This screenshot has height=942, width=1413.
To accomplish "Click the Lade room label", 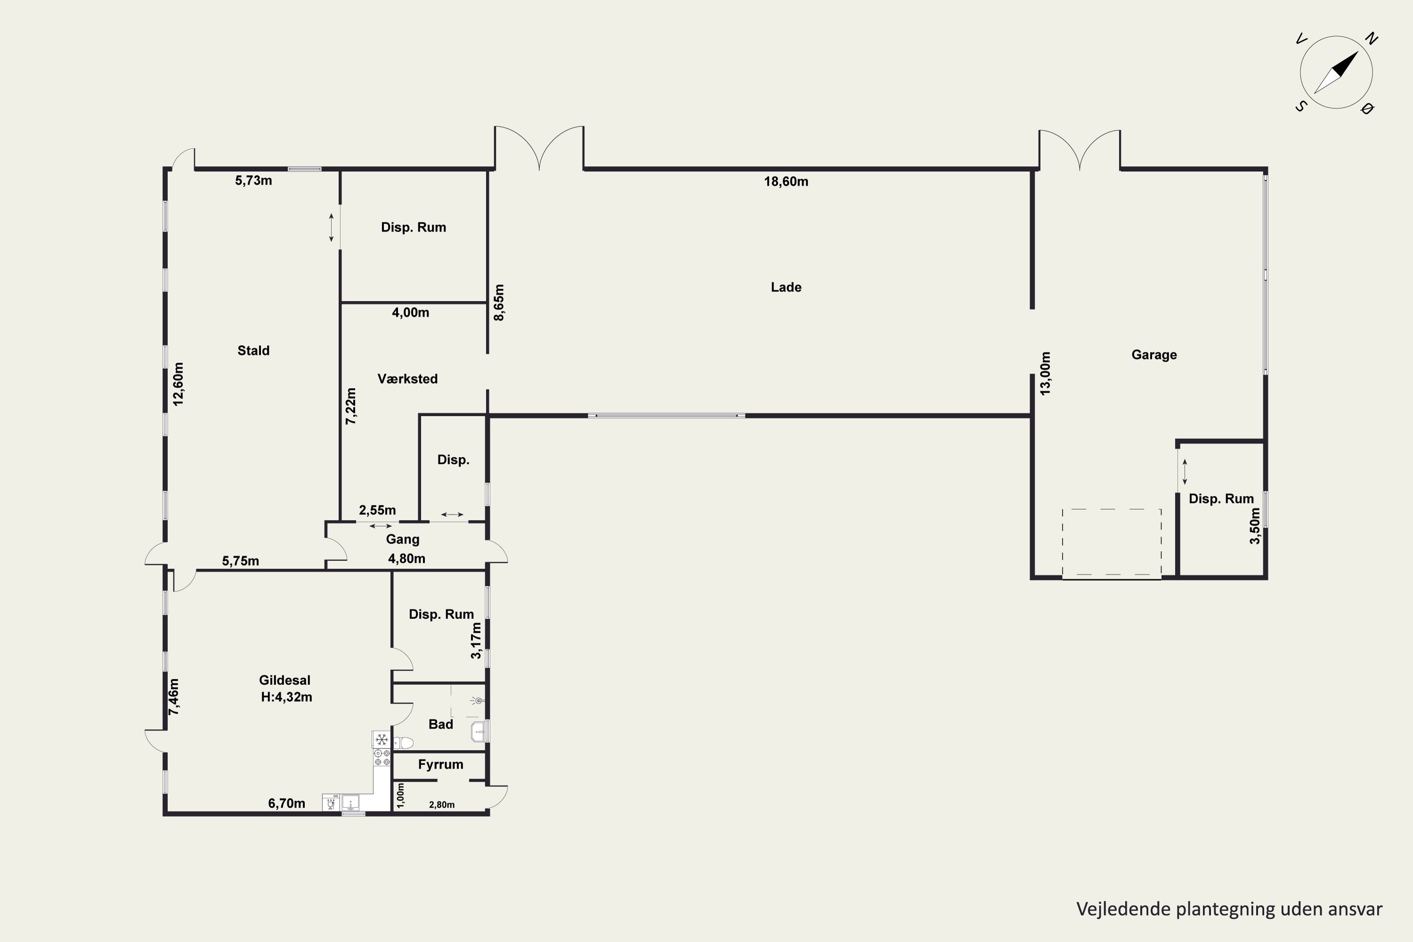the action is point(786,287).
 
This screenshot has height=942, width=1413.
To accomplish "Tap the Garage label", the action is point(1154,355).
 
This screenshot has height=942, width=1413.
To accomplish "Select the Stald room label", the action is point(253,350).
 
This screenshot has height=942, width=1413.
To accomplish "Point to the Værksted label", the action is point(407,379).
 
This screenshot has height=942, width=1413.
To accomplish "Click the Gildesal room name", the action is point(285,680).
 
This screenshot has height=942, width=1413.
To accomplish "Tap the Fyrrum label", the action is point(440,764).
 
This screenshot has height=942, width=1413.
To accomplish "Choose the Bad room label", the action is point(440,724).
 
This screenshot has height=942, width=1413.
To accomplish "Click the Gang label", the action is point(403,539).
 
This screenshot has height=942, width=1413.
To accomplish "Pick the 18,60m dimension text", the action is point(786,181).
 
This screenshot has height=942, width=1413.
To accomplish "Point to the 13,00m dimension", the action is point(1045,374).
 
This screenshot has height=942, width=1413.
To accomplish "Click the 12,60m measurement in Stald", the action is point(179,384).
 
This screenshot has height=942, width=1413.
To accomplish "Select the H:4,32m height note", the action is point(286,697).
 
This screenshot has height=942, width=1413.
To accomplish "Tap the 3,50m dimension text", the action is point(1255,526).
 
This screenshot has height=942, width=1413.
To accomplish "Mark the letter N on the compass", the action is point(1372,39).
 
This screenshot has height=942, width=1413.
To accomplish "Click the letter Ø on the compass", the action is point(1367,109).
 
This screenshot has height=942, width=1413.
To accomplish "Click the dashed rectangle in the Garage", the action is point(1112,543).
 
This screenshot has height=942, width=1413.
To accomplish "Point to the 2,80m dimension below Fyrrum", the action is point(442,805).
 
